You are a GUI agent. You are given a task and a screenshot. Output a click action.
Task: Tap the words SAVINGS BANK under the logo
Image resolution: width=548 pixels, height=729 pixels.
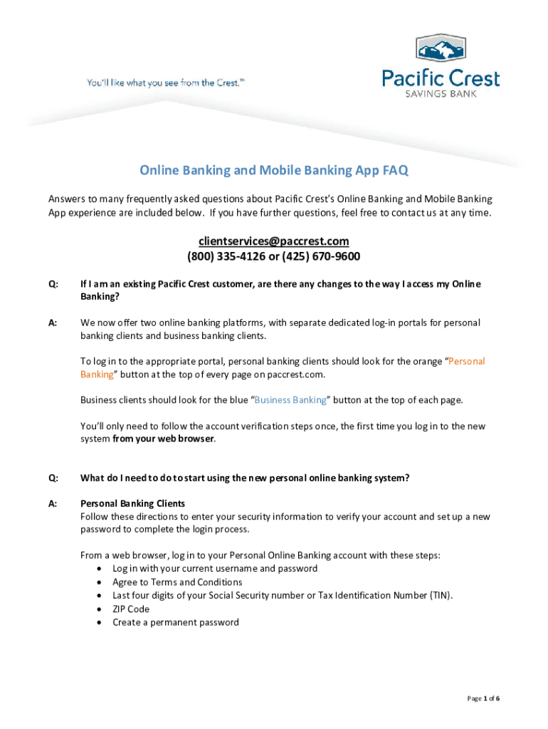coord(441,93)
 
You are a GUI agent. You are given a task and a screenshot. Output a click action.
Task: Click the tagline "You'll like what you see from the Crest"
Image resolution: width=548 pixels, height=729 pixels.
coord(166,83)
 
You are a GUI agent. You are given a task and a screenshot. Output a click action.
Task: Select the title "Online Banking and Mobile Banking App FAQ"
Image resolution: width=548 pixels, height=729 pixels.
coord(274,170)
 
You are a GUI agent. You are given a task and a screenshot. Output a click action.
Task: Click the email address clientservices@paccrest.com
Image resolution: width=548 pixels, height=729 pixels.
coord(274,241)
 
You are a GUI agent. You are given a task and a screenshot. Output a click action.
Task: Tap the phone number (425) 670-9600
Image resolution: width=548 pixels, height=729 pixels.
coord(325,256)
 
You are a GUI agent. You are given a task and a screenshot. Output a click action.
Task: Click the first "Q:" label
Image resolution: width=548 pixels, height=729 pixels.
coord(53,285)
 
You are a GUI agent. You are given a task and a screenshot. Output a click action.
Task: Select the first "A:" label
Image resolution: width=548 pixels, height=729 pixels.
coord(53,323)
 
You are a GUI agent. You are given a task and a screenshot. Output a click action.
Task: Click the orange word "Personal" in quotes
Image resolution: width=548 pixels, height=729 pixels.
coord(467,362)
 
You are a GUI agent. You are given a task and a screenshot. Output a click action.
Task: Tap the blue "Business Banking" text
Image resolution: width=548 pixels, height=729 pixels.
coord(290,400)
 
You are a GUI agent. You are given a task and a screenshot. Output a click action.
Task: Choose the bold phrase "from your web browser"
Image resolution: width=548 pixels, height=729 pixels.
coord(163,439)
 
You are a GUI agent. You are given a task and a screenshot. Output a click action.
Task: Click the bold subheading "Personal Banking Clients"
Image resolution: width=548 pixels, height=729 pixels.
coord(132,503)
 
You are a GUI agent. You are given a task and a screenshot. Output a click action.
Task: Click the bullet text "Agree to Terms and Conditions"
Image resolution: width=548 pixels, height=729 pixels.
coord(177,582)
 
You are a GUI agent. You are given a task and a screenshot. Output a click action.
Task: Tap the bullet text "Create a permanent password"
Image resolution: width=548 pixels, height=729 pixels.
coord(176,622)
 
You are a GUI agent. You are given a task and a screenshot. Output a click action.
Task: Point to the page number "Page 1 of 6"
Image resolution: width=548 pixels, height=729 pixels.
coord(483,698)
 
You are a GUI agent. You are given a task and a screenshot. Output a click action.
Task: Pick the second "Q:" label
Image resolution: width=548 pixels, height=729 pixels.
coord(53,478)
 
